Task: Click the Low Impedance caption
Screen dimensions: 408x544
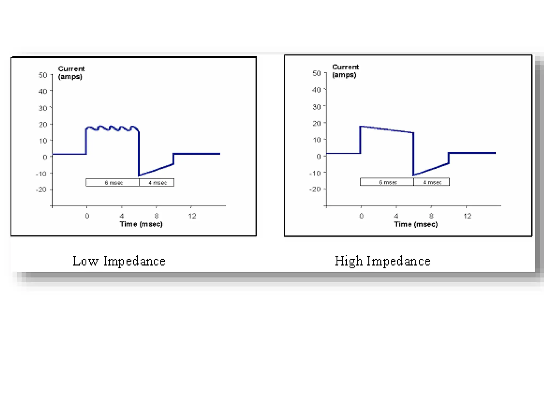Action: [x=119, y=261]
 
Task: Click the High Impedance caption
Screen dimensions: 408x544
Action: [x=382, y=261]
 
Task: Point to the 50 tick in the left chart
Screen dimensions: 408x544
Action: [x=43, y=75]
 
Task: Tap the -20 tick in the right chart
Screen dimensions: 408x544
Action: [x=315, y=189]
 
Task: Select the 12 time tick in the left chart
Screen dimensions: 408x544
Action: [x=192, y=216]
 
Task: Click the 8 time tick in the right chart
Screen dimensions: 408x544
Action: [x=431, y=216]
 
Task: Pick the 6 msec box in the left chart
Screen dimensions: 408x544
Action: [x=113, y=182]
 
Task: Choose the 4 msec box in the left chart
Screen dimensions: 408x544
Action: [x=157, y=182]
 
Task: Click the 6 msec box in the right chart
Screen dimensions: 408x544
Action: [x=387, y=182]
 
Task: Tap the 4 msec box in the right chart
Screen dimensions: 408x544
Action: [x=432, y=182]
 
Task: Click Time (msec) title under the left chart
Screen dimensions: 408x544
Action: [x=141, y=224]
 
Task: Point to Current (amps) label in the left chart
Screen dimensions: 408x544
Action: [x=71, y=73]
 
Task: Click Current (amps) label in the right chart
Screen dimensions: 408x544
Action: [x=345, y=71]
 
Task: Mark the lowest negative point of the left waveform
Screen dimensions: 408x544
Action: [x=139, y=176]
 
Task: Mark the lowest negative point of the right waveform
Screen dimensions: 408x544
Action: [x=414, y=175]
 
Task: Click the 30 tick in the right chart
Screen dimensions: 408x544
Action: [x=317, y=107]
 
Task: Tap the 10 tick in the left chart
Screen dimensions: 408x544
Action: [x=43, y=141]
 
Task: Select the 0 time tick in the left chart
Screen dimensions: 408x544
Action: [x=87, y=216]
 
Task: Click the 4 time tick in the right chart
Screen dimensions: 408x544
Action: [x=396, y=216]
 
